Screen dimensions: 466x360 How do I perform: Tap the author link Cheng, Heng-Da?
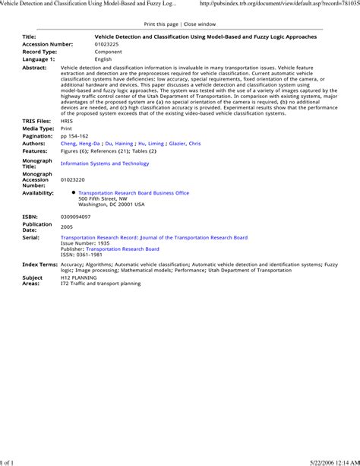tap(78, 143)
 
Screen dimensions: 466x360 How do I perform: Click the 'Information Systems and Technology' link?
tap(105, 163)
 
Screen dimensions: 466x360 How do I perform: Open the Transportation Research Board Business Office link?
tap(134, 193)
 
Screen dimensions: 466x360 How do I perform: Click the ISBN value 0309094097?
tap(75, 217)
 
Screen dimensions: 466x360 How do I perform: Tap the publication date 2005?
tap(67, 227)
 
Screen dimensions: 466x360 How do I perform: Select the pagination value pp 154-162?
tap(77, 135)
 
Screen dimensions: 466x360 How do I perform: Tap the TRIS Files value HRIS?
tap(67, 121)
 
